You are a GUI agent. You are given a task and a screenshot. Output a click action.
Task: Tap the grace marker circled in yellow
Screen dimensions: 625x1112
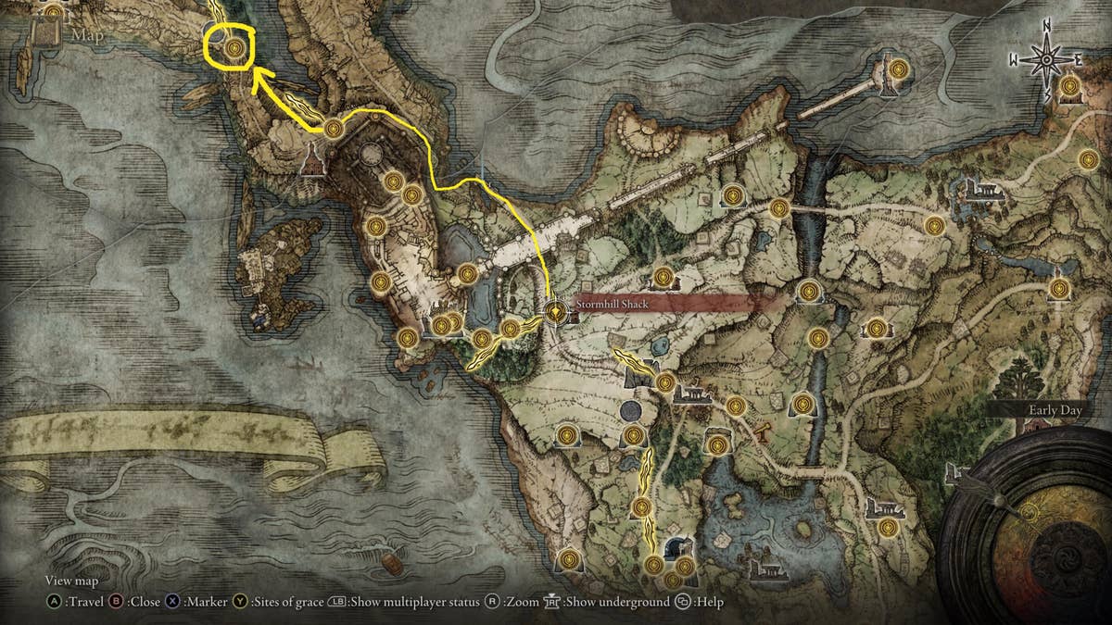[x=234, y=46]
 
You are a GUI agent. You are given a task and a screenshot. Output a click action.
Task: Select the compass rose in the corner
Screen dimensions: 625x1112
[x=1045, y=60]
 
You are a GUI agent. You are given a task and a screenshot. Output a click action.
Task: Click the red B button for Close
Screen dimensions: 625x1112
[x=118, y=602]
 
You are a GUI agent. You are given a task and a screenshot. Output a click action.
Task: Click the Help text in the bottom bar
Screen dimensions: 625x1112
[x=712, y=602]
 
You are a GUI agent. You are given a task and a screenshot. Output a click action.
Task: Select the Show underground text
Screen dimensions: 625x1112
[x=618, y=602]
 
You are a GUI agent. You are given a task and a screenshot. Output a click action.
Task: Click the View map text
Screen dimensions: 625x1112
[x=71, y=581]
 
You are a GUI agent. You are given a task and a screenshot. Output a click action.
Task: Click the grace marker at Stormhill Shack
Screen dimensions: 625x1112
[x=555, y=312]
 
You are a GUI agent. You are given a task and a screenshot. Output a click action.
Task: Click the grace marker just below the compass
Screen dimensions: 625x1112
[x=1069, y=87]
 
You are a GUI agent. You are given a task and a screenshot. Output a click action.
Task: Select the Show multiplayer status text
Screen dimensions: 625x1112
[x=416, y=602]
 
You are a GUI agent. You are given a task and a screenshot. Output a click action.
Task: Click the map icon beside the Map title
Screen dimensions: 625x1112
[x=44, y=36]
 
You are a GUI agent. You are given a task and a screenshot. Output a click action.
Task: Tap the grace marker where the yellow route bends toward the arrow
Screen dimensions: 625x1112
[x=333, y=128]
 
